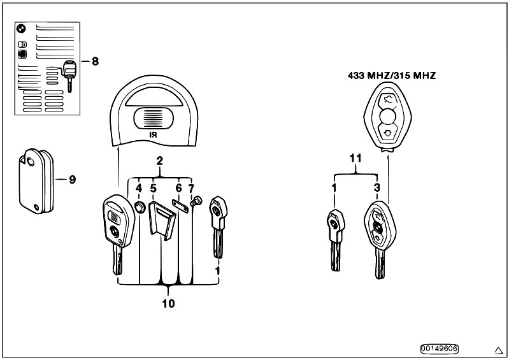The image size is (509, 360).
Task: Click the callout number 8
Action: tap(95, 61)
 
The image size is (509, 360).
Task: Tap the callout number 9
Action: tap(72, 180)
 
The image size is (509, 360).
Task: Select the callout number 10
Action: tap(168, 303)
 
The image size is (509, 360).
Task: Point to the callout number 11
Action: tap(355, 159)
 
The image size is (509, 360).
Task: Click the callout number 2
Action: tap(160, 161)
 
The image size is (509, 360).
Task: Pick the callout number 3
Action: tap(376, 187)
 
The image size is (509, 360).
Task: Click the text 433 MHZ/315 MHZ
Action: tap(392, 76)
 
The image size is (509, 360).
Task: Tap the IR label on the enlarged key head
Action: tap(153, 134)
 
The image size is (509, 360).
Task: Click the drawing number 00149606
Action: tap(440, 349)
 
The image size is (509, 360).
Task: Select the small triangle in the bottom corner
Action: tap(498, 350)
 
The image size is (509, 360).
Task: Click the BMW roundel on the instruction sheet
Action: tap(21, 29)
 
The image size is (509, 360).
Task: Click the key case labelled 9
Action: tap(36, 181)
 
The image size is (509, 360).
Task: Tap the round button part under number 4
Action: tap(140, 207)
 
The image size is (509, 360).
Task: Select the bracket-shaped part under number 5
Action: tap(162, 220)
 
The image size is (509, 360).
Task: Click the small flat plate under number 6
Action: tap(180, 206)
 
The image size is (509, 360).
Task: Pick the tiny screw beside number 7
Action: tap(196, 201)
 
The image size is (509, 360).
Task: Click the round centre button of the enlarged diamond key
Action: tap(387, 116)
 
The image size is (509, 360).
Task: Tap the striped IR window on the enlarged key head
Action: tap(154, 117)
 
